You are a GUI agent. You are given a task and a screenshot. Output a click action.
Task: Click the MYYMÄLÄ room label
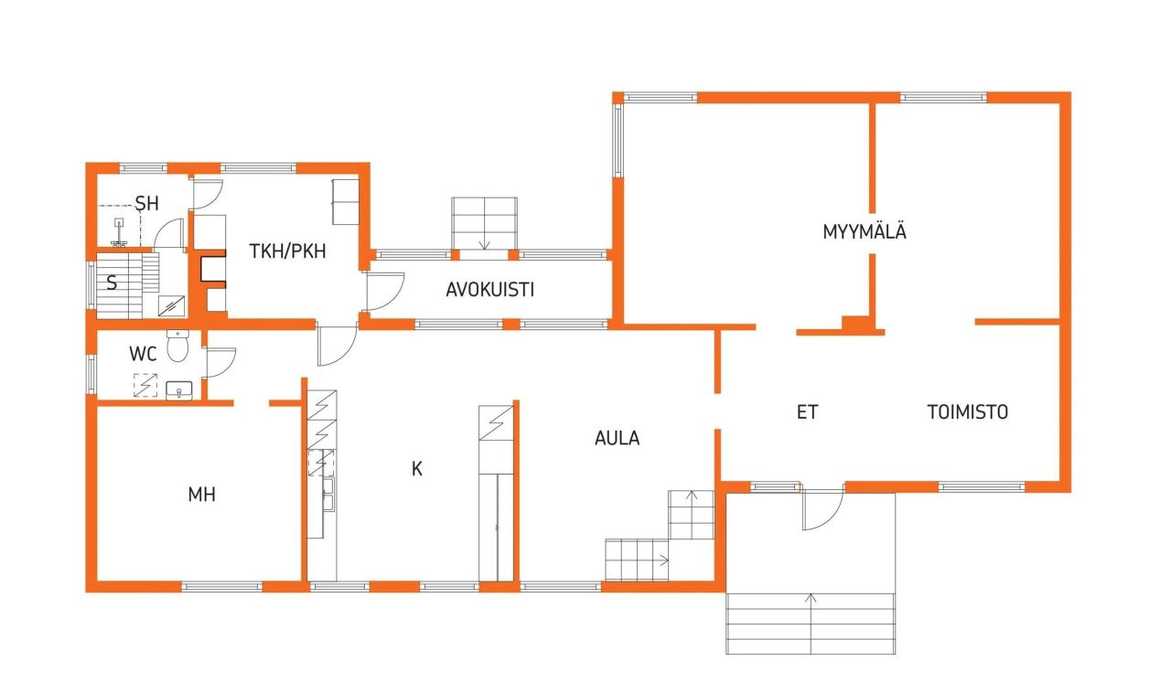tap(865, 232)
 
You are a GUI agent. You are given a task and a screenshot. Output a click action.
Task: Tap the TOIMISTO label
tap(968, 412)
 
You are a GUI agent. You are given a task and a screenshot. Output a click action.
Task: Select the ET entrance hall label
tap(807, 412)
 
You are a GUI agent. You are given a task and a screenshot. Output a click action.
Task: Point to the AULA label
tap(618, 439)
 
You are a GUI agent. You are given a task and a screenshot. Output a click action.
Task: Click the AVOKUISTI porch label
tap(490, 290)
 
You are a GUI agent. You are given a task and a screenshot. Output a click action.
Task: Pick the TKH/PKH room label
tap(288, 250)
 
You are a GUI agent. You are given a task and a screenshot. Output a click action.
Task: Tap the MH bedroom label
tap(201, 495)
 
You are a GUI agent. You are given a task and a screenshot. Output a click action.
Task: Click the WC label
tap(143, 353)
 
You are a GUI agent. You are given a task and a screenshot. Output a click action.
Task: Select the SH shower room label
tap(147, 203)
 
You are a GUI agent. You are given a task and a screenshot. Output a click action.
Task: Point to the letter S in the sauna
tap(112, 283)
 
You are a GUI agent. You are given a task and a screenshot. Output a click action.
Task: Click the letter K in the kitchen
tap(417, 469)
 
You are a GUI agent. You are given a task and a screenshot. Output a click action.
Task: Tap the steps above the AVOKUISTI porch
tap(484, 221)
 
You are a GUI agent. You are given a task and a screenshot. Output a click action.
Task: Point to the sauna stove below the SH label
tap(119, 233)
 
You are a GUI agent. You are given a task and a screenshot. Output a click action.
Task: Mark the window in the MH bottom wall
tap(222, 586)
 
